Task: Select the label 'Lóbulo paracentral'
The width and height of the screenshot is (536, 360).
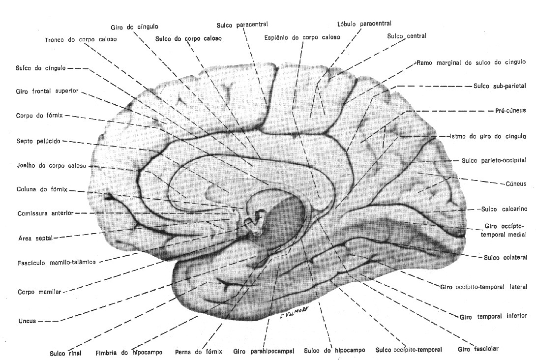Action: [364, 23]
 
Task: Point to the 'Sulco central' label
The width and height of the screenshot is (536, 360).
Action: [406, 36]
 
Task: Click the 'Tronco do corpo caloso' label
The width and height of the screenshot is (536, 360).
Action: [81, 39]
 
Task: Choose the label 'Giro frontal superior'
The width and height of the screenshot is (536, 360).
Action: [47, 91]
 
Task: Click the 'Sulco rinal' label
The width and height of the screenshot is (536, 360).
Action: [65, 353]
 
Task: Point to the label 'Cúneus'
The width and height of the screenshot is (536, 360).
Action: [516, 183]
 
